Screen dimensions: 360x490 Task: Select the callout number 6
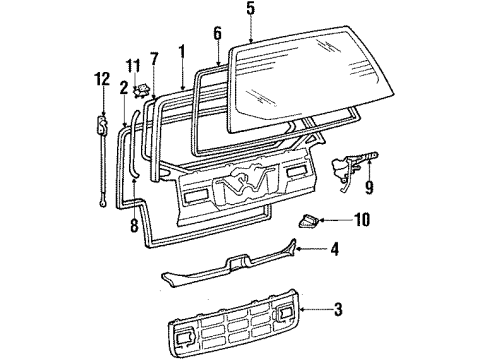(216, 32)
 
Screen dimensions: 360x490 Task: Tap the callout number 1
(181, 49)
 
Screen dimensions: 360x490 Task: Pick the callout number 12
(99, 78)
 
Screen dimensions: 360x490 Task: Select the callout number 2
(123, 87)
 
